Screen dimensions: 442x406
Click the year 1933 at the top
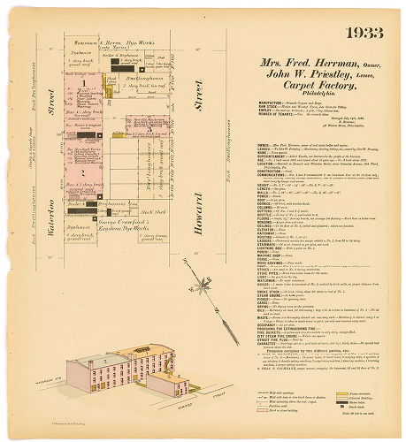364,34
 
